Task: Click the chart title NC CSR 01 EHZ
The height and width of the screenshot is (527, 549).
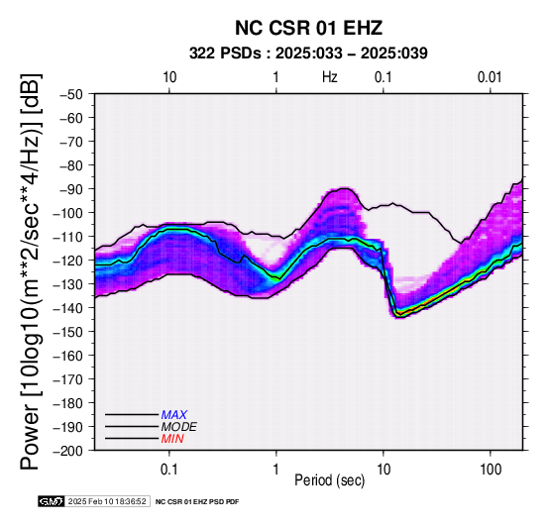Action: coord(308,28)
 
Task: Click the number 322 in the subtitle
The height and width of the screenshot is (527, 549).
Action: coord(202,53)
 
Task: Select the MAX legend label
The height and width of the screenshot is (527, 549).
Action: coord(174,415)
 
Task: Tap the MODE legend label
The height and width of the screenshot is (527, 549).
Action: coord(179,427)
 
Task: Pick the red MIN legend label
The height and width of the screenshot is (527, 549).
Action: coord(172,439)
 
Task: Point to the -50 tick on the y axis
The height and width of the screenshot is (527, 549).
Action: coord(71,94)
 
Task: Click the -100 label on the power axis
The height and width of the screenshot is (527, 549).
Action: coord(68,213)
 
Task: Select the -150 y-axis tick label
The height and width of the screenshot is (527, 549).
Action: coord(68,332)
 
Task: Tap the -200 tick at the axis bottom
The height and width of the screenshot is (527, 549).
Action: coord(68,451)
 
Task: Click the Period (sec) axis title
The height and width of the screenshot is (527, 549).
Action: coord(329,480)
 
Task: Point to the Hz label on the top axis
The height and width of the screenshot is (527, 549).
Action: coord(329,77)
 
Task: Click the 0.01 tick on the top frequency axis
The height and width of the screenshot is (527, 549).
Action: coord(490,77)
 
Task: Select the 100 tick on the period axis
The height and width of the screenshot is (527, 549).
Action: coord(491,469)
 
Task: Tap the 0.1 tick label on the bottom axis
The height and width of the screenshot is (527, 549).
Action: coord(169,469)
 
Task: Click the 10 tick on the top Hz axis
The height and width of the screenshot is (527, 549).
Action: coord(169,77)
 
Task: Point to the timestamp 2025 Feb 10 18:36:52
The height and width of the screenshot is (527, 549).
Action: coord(107,501)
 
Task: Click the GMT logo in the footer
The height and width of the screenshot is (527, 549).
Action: coord(52,501)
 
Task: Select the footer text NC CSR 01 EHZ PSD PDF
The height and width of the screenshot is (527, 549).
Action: coord(197,502)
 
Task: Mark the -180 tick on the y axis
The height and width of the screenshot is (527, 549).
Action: coord(68,403)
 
